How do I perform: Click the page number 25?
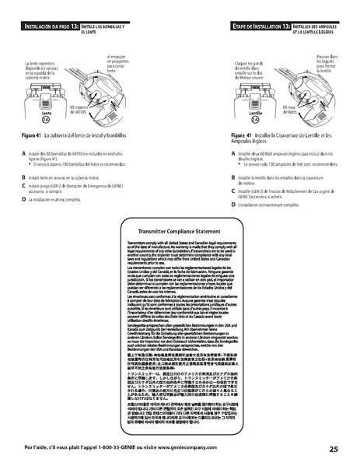pos(332,449)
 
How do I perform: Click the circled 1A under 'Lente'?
pos(46,121)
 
